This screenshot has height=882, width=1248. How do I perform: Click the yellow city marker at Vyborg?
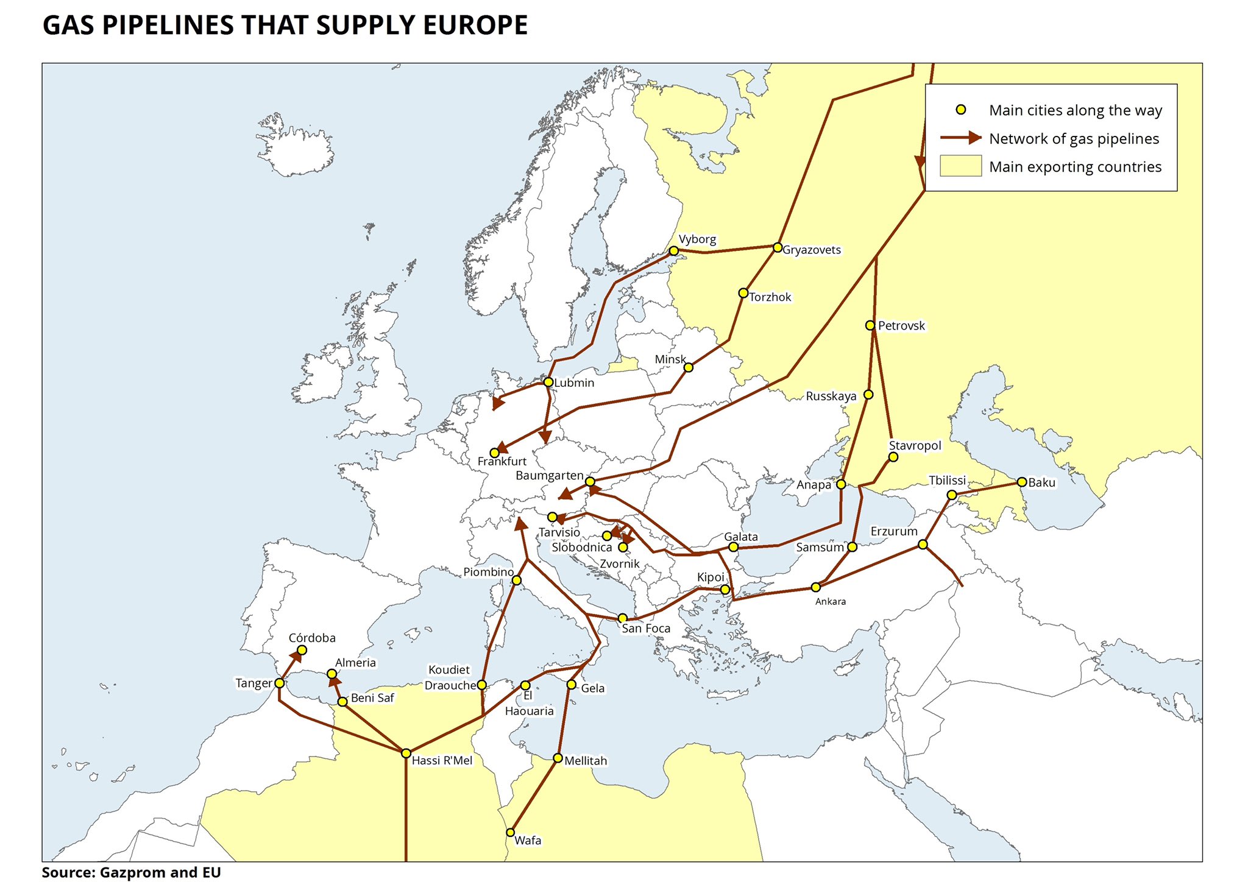[673, 251]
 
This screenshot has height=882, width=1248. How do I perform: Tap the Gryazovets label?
[811, 250]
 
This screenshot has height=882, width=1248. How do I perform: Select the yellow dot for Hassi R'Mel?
[406, 753]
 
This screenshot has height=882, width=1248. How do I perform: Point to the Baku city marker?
[1022, 482]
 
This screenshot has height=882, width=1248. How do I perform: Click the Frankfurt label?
[502, 462]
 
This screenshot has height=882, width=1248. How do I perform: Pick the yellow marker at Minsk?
[688, 367]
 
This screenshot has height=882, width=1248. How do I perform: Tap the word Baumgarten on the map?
[549, 476]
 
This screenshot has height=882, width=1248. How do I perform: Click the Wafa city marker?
[510, 833]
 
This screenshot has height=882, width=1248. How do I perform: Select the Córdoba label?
[312, 638]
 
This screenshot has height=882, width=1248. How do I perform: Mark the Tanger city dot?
[279, 683]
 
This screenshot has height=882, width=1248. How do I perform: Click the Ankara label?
[831, 602]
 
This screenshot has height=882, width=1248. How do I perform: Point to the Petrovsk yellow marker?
[870, 325]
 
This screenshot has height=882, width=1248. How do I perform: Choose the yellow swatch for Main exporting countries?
[960, 166]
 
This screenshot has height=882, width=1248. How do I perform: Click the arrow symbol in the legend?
[961, 138]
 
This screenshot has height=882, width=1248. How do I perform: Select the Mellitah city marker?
[558, 758]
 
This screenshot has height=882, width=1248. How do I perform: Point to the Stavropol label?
[915, 445]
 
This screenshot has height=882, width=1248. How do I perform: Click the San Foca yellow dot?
[622, 618]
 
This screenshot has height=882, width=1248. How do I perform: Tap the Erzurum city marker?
[923, 544]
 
